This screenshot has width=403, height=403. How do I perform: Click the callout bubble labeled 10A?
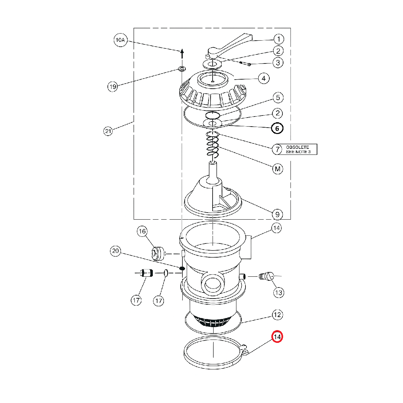tap(121, 40)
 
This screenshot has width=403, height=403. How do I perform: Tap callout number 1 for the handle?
tap(278, 39)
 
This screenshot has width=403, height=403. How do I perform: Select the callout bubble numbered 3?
tap(278, 62)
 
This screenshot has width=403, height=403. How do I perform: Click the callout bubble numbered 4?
tap(264, 79)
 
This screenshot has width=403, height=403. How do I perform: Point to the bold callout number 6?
tap(277, 128)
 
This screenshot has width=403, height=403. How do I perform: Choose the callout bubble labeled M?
tap(277, 169)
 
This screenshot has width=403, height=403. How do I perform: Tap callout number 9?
tap(277, 214)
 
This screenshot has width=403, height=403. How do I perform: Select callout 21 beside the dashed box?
tap(108, 131)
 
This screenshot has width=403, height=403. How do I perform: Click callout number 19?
tap(113, 87)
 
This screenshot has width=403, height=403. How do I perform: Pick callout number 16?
tap(142, 231)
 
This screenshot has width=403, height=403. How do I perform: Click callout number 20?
tap(116, 251)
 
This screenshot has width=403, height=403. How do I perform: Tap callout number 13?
tap(278, 293)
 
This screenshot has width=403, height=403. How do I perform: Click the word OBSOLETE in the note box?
tap(298, 147)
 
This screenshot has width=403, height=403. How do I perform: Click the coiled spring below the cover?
tap(213, 145)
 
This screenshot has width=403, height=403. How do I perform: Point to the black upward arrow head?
tap(182, 51)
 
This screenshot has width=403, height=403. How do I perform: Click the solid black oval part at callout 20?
tap(182, 268)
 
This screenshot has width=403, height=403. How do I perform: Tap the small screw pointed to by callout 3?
tap(245, 63)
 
